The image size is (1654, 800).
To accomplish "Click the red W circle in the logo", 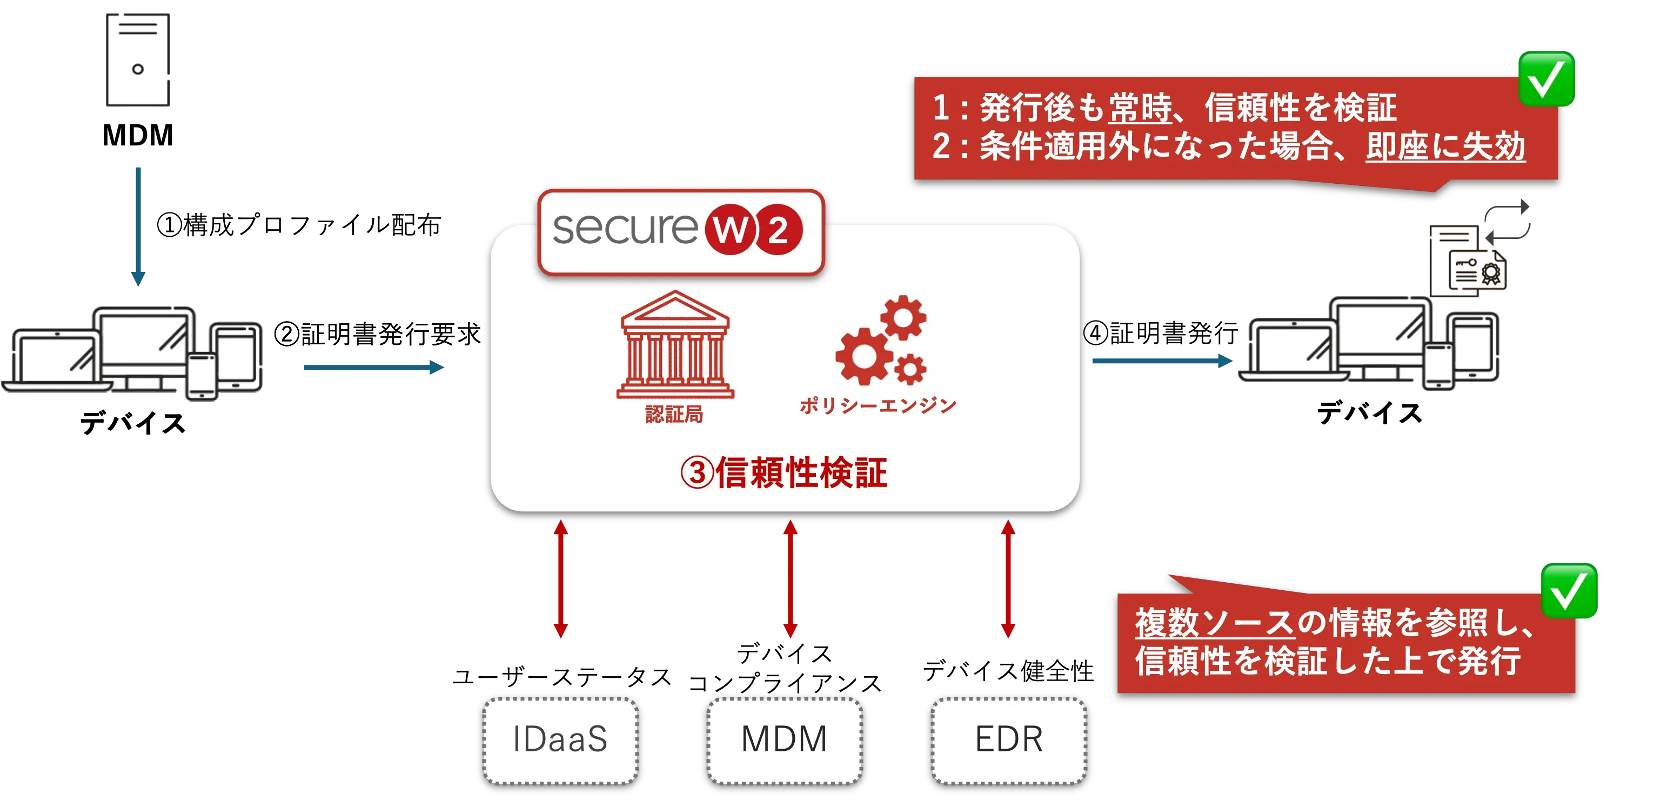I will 730,230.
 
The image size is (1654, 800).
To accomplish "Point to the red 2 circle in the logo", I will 778,230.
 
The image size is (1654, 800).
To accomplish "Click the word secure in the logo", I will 624,229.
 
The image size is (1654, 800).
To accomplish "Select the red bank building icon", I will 675,345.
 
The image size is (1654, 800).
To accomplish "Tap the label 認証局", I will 674,415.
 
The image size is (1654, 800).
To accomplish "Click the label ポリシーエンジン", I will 878,405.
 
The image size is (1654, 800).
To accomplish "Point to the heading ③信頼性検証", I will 784,473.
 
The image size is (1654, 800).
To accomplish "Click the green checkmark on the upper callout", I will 1546,78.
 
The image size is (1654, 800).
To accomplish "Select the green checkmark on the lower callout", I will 1569,591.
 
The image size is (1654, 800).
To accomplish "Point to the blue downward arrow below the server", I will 138,225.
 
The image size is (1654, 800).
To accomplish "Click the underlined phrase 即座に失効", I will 1445,146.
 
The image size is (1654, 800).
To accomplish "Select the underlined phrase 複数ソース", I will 1214,622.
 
